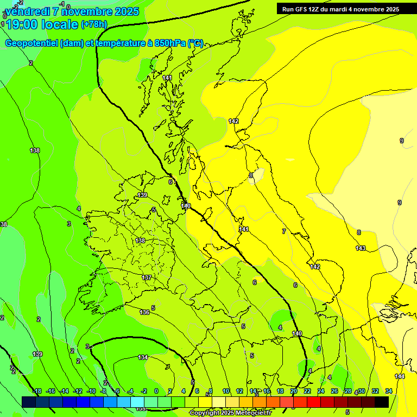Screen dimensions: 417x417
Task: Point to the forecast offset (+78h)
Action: click(93, 24)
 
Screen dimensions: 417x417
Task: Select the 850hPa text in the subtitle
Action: click(170, 43)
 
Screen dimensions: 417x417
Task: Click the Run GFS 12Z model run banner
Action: click(340, 9)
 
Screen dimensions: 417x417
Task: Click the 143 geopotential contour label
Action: click(361, 248)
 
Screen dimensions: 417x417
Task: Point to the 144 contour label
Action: click(400, 376)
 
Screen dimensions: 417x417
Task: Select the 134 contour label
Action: click(143, 357)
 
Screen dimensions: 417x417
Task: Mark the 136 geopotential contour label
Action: click(144, 312)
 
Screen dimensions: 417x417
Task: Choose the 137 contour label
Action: click(147, 277)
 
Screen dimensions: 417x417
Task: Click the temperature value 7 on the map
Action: click(283, 231)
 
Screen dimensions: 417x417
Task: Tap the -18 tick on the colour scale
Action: click(37, 391)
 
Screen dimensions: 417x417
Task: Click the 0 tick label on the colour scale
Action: click(156, 391)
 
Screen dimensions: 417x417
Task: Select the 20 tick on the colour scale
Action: click(294, 391)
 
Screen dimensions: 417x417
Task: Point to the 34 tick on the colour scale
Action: click(389, 391)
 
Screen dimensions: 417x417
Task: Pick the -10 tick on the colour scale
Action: click(91, 391)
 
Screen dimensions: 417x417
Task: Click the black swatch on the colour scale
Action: click(382, 402)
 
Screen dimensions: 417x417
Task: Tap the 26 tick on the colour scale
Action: click(334, 391)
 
